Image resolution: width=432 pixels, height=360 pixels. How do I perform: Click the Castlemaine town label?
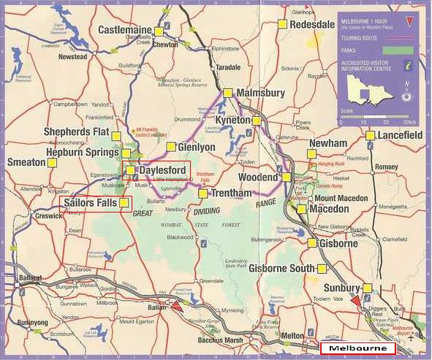click(x=125, y=30)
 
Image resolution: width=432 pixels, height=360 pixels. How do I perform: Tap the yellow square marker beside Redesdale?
click(x=282, y=24)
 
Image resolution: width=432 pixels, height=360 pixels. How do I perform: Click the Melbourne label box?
click(x=357, y=349)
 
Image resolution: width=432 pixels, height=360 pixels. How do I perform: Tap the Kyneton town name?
click(x=232, y=120)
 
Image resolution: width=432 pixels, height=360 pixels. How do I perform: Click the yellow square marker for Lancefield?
click(x=370, y=135)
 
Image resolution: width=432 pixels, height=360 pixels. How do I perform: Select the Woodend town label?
click(x=259, y=177)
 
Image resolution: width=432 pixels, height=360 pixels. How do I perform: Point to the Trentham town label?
click(x=231, y=194)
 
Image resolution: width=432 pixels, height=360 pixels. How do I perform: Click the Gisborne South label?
click(x=280, y=269)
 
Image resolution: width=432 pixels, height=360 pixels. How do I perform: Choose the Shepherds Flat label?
click(x=76, y=131)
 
